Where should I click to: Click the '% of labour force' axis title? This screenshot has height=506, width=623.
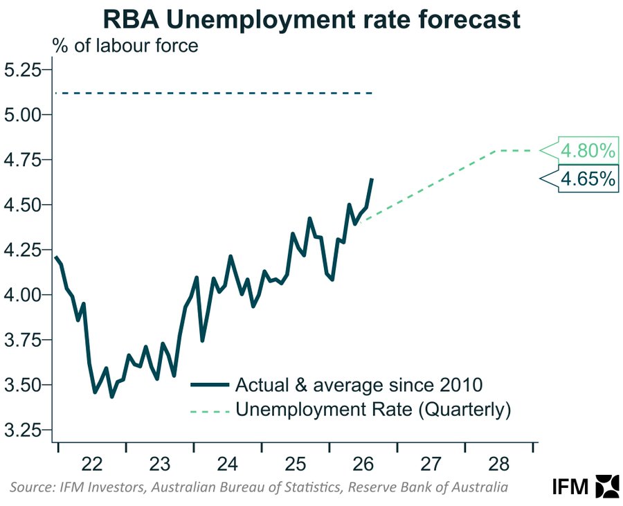pos(125,46)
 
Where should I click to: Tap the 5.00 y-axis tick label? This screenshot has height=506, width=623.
pos(23,114)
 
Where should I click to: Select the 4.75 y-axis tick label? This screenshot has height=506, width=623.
pos(23,160)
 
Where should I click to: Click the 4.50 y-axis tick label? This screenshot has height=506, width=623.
pos(23,204)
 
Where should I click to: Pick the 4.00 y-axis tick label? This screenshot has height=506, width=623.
pos(23,295)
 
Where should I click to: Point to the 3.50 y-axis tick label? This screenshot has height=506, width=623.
pos(23,385)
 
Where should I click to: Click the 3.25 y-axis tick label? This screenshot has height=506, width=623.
pos(23,430)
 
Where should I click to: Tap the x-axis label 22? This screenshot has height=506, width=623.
pos(92,464)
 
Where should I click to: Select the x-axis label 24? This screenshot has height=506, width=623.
pos(227,464)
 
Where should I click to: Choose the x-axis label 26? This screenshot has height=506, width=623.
pos(363,464)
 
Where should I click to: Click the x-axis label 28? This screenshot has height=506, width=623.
pos(498,464)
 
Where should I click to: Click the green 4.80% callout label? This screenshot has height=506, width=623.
pos(588,150)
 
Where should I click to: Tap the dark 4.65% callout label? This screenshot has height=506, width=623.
pos(588,179)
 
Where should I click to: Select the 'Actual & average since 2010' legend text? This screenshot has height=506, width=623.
pos(359,384)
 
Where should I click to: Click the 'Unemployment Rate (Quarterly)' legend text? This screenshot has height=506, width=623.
pos(373,409)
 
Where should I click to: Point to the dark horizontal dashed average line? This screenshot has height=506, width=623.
pos(214,93)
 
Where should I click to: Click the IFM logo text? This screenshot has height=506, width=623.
pos(570,486)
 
